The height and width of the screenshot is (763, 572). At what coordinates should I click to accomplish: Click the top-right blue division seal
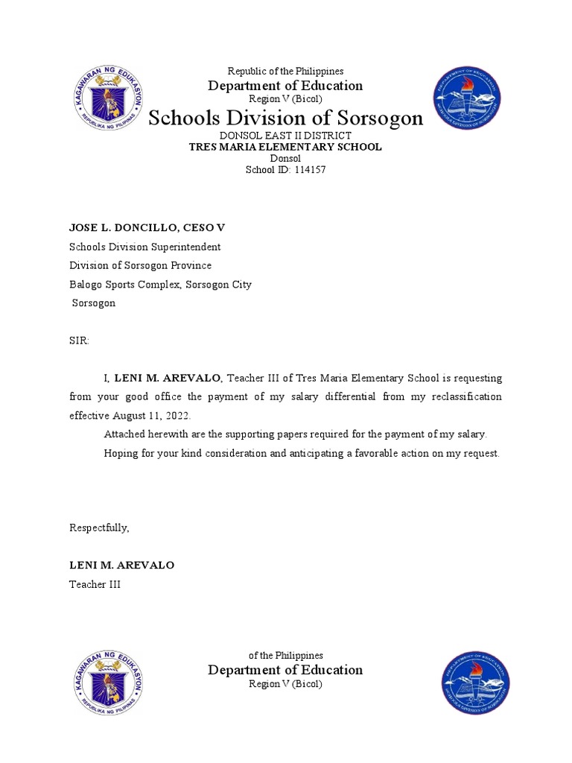467,98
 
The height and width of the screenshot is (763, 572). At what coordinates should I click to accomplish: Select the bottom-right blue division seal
474,684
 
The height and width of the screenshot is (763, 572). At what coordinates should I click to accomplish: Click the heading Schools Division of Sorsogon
285,118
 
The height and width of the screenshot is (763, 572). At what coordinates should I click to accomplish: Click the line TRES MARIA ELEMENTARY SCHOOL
285,147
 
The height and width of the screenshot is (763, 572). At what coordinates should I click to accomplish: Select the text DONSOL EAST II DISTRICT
285,135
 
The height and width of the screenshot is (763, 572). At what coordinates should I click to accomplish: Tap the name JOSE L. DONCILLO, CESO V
147,227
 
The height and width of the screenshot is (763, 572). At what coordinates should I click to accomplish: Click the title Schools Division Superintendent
144,247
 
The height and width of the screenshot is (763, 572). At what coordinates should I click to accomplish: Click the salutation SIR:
79,341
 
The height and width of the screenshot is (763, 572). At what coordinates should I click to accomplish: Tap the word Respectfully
99,528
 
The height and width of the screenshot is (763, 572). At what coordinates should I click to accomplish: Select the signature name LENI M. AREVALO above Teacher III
121,565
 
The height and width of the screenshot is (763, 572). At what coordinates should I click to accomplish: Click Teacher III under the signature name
95,584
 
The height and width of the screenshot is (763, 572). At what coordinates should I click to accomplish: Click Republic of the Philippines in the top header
285,71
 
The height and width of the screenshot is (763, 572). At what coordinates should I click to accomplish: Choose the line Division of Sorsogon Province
140,265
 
